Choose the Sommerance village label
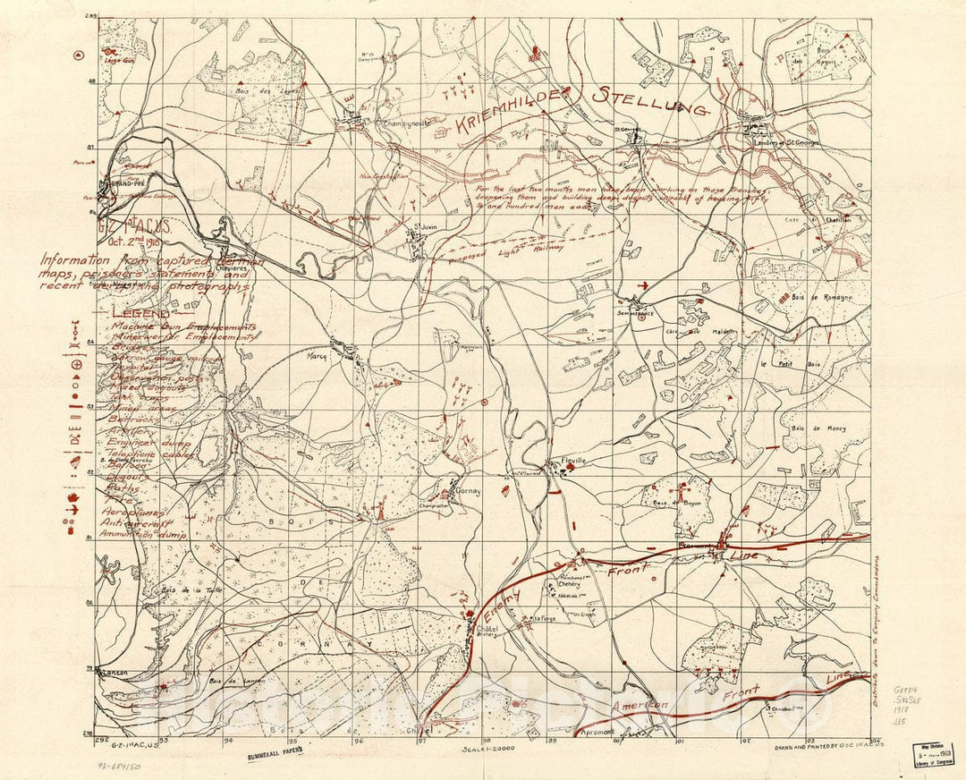[x=635, y=314]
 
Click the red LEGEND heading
[x=140, y=315]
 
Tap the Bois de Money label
[x=818, y=428]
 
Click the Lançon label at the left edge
[x=114, y=672]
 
